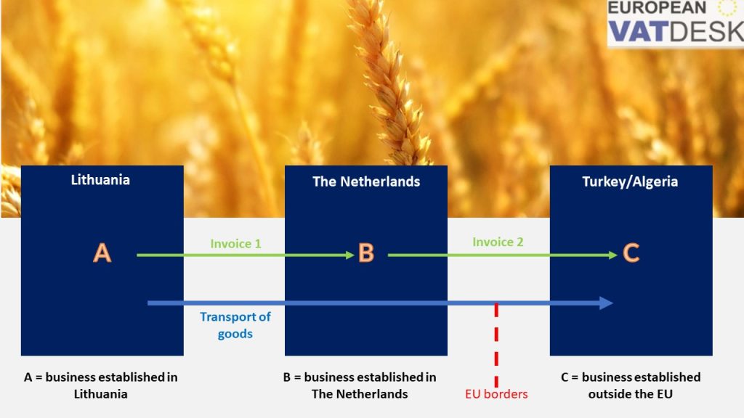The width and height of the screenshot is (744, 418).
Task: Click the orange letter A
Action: pos(102,253)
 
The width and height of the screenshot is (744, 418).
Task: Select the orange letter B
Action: pos(366,253)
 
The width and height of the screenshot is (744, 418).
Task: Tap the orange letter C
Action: pos(631,253)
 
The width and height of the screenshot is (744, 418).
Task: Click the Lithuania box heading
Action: pos(100,180)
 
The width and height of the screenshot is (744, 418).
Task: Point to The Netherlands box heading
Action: pos(366,181)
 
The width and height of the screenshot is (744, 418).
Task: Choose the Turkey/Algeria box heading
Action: pos(630,181)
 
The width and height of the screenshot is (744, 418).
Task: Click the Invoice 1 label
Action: pos(235,244)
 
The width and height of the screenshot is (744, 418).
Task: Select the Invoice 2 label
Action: pos(498,242)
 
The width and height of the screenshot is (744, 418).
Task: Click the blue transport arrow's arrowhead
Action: pos(607,303)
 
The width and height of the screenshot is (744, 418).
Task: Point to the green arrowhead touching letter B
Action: pos(348,255)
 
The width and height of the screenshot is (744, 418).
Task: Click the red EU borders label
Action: pos(496,395)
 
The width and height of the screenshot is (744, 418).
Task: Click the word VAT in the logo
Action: pos(636,31)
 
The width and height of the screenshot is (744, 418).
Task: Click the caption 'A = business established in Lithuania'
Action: pos(100,385)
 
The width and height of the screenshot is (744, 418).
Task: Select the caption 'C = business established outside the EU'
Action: pos(631,385)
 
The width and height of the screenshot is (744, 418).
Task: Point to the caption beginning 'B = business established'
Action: pos(360,385)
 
